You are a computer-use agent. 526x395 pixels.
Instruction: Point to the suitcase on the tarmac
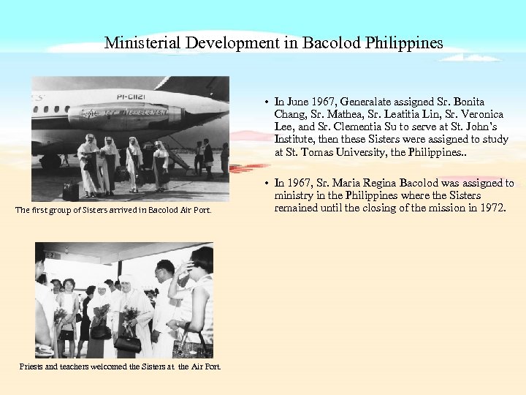click(x=71, y=192)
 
